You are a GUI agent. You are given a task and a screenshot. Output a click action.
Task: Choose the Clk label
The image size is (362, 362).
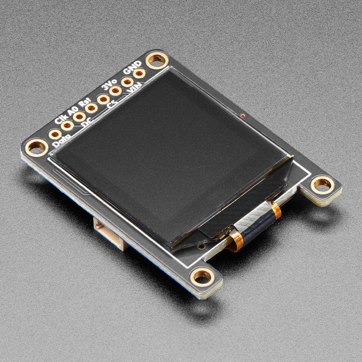pos(60,119)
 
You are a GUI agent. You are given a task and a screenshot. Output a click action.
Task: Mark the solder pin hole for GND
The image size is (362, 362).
pos(139,73)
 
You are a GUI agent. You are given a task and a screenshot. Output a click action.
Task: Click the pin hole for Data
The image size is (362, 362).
pos(55,134)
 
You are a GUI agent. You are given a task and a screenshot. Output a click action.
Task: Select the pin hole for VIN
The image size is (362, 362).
pos(128,82)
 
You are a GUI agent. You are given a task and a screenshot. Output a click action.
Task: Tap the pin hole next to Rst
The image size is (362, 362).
pos(91,107)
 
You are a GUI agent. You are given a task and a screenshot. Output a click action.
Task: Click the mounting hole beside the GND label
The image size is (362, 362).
pos(156,60)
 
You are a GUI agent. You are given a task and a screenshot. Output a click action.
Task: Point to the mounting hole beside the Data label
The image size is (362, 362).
pos(37,148)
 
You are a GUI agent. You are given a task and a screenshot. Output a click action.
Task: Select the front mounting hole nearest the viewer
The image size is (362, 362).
pos(202,277)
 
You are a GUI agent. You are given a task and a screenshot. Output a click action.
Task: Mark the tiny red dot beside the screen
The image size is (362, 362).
pos(243,115)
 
